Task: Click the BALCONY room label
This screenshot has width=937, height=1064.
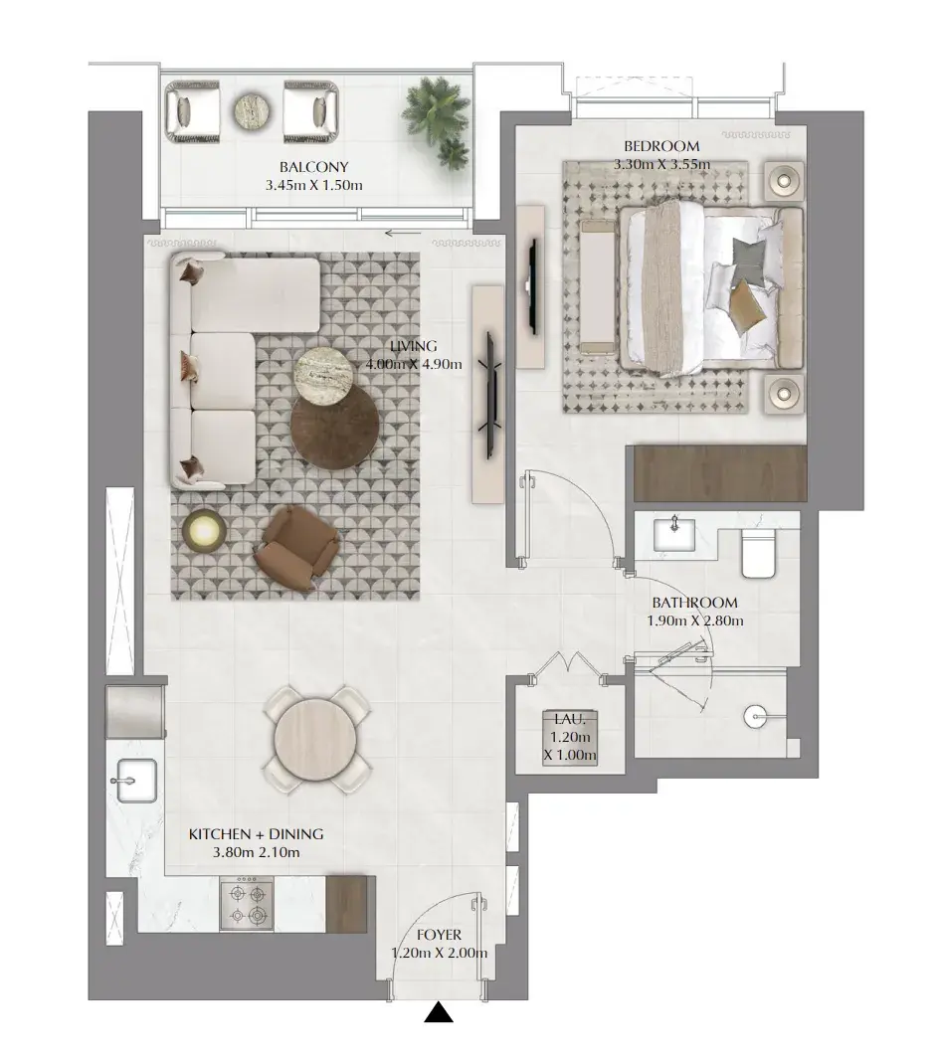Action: coord(313,167)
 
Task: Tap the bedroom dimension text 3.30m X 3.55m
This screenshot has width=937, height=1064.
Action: coord(662,164)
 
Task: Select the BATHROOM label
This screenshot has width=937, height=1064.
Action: coord(694,603)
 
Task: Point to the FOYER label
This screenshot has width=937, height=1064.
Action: coord(440,935)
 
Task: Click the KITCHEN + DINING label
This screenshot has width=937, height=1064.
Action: coord(256,834)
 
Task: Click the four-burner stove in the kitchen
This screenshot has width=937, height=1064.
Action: coord(247,903)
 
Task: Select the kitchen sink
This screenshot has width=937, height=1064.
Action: coord(136,781)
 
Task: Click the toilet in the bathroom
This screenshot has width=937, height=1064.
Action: coord(758,552)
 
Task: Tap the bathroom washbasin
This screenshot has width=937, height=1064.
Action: coord(674,533)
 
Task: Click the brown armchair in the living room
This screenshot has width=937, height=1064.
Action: coord(296,548)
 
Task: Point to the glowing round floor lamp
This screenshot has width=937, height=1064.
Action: coord(200,529)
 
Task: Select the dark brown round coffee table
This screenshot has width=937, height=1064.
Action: coord(334,427)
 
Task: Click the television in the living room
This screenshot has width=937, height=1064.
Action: coord(491,395)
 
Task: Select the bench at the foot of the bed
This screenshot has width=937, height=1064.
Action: coord(598,287)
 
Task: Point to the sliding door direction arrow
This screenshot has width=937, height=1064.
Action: coord(403,234)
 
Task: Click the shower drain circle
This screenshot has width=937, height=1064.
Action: coord(754,716)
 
